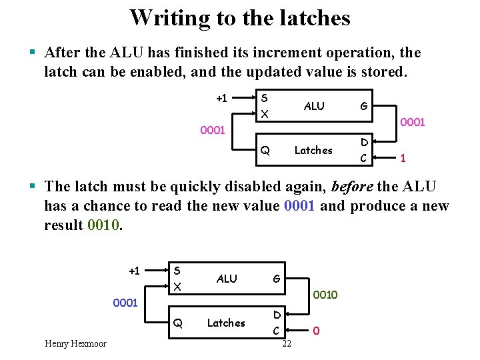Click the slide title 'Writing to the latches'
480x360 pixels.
[x=239, y=17]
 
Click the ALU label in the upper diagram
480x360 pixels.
[x=314, y=106]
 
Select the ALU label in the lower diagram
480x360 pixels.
[x=227, y=279]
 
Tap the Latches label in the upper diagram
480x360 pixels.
[x=313, y=150]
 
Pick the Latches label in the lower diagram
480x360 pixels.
[x=226, y=323]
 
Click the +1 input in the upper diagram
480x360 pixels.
[x=221, y=99]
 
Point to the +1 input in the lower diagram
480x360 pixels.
[x=134, y=271]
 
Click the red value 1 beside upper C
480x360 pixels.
[x=403, y=159]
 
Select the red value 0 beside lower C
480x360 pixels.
[x=316, y=330]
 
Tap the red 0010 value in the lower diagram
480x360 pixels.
[x=325, y=295]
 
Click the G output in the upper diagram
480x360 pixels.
[x=363, y=106]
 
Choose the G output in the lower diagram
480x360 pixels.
[x=275, y=279]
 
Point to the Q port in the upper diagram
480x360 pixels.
[x=265, y=151]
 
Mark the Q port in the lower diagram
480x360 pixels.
[x=177, y=323]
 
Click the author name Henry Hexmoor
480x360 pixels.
[x=75, y=344]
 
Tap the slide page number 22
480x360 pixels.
[x=287, y=344]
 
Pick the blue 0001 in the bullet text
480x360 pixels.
[x=300, y=206]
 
